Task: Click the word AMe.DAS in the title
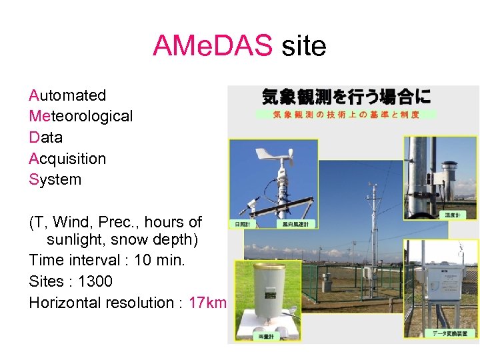[212, 46]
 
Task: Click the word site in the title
[303, 46]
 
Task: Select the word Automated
[67, 95]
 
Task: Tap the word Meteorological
[81, 116]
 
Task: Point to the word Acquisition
[67, 159]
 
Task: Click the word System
[55, 179]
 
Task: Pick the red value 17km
[207, 303]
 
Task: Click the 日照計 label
[241, 224]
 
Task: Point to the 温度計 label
[453, 215]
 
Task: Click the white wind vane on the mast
[277, 156]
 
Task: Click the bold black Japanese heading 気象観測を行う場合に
[346, 97]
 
